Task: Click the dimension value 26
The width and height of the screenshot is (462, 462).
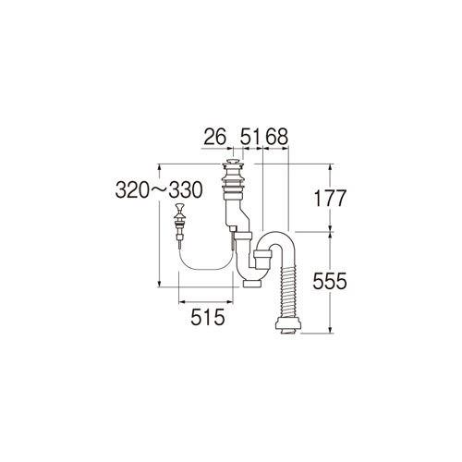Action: pyautogui.click(x=215, y=137)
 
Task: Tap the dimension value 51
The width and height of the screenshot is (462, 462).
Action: pyautogui.click(x=251, y=137)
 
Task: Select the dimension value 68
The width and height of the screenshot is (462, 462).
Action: pyautogui.click(x=276, y=137)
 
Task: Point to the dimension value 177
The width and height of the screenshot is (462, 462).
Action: pyautogui.click(x=330, y=199)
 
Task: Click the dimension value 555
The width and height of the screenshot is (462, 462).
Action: pyautogui.click(x=330, y=281)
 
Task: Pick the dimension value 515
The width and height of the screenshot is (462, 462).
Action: pyautogui.click(x=207, y=317)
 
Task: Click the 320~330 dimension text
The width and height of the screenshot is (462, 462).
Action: pyautogui.click(x=159, y=190)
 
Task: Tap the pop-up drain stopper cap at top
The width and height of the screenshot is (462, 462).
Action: pyautogui.click(x=233, y=162)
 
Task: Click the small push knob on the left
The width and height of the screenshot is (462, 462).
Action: pyautogui.click(x=178, y=207)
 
